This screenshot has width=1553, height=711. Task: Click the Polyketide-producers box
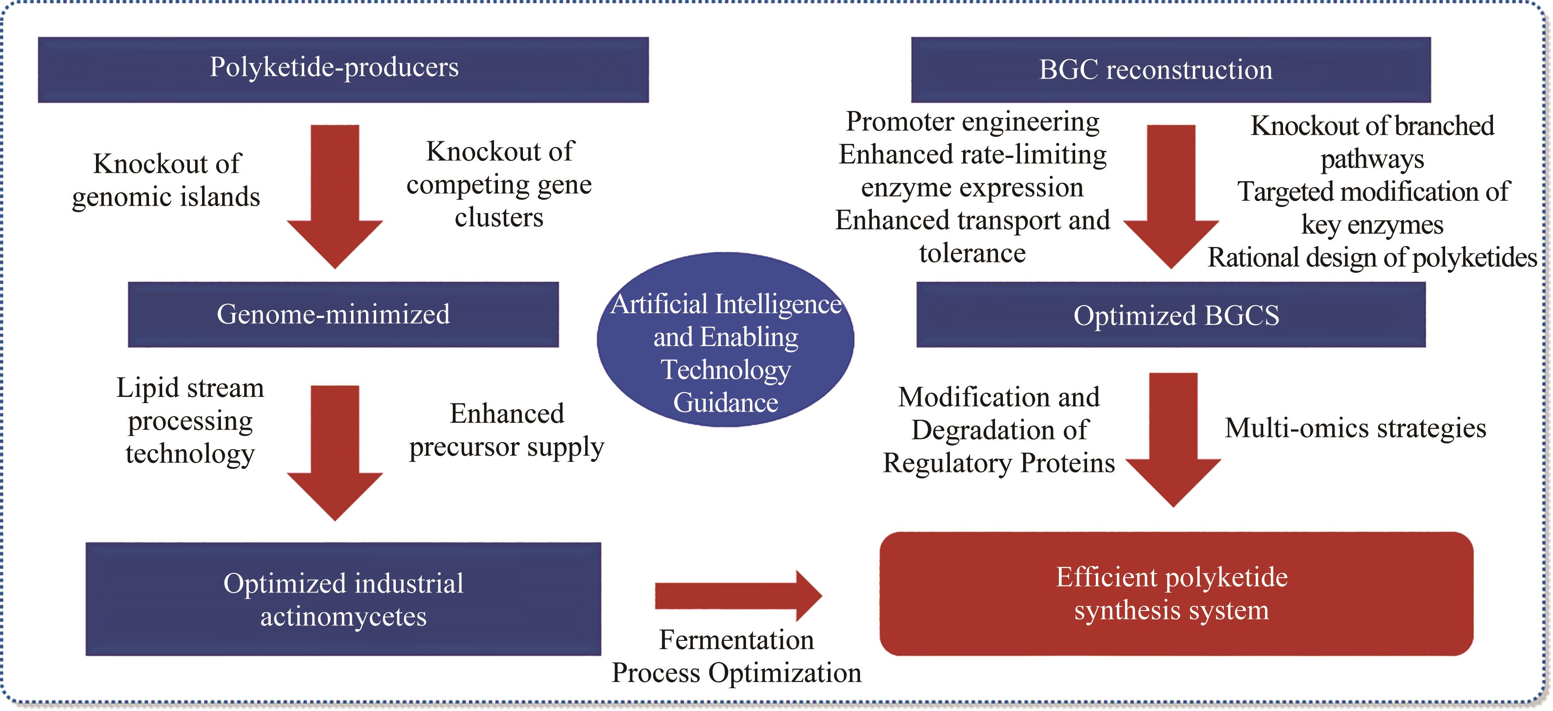tap(343, 69)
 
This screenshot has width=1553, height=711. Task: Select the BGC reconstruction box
tap(1170, 69)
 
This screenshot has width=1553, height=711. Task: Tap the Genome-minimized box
tap(343, 314)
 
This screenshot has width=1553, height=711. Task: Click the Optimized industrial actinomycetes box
tap(343, 599)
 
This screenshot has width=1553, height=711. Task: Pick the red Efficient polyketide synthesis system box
tap(1176, 593)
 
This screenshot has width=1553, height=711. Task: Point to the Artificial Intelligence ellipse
tap(725, 339)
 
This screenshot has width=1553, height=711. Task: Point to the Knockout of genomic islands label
tap(167, 180)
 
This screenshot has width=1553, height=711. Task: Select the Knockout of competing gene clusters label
tap(499, 184)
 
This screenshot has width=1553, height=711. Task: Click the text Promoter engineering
tap(972, 121)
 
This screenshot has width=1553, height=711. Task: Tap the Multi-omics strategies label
tap(1355, 428)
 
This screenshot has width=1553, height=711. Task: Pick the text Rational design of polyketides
tap(1372, 257)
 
